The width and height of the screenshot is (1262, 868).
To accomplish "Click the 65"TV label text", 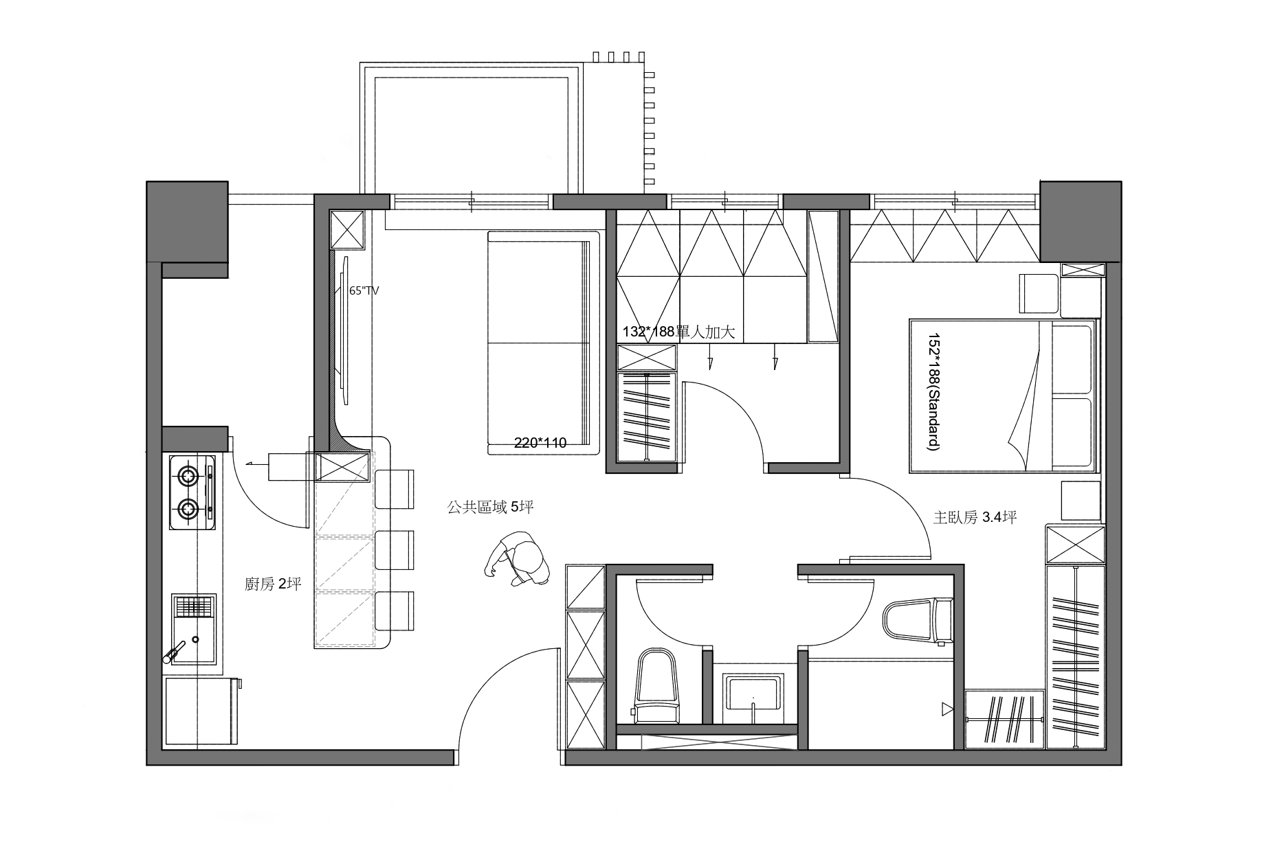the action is click(x=364, y=290).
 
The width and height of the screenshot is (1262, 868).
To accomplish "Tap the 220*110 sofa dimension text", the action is click(x=540, y=443).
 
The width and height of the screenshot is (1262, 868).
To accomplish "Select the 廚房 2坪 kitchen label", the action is click(x=273, y=584).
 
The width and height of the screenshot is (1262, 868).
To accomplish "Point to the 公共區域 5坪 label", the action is click(x=490, y=507).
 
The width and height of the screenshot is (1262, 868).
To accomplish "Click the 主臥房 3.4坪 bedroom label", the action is click(x=975, y=517).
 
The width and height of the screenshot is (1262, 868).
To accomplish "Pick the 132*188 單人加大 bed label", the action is click(x=679, y=332).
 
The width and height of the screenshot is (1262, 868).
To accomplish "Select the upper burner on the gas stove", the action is click(x=188, y=474).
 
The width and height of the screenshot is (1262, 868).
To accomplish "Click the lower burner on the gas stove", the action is click(x=188, y=509).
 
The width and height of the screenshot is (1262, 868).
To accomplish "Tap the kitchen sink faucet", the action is click(x=174, y=651).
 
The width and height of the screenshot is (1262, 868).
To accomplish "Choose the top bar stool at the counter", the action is click(x=395, y=489).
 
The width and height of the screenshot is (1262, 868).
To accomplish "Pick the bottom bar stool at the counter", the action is click(x=395, y=610).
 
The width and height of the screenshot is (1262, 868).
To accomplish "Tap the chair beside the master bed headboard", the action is click(x=1039, y=293).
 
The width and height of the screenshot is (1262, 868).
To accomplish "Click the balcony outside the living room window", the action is click(x=472, y=129).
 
